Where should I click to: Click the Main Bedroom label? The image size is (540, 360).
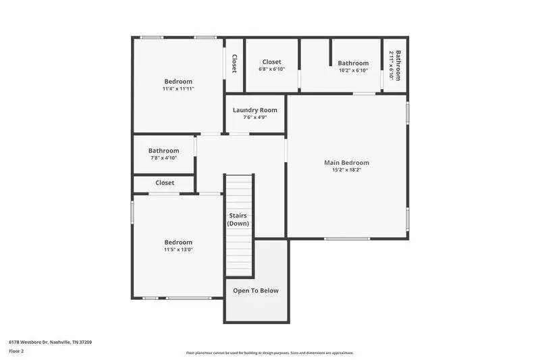[x=346, y=163]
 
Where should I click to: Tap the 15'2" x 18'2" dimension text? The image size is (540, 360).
[x=346, y=170]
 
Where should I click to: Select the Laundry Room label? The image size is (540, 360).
[x=255, y=110]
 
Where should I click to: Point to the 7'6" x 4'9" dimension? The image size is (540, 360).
[x=255, y=118]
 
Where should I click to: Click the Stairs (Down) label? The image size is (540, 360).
[x=237, y=220]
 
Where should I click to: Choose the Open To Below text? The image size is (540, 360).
[x=256, y=290]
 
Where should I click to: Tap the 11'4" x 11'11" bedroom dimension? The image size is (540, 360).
[x=178, y=88]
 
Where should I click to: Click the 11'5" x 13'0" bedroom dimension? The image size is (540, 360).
[x=178, y=249]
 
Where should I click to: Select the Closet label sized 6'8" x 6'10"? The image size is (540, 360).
[x=271, y=62]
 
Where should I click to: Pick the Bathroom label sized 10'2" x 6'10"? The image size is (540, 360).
[x=353, y=63]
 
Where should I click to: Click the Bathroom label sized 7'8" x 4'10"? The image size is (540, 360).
[x=164, y=151]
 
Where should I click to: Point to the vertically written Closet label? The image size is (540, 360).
[x=234, y=64]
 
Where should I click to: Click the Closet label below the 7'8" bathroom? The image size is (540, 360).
[x=165, y=183]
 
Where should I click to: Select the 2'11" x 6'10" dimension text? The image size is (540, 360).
[x=391, y=65]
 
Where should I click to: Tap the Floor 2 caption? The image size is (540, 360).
[x=16, y=351]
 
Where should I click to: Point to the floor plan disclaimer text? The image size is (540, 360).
[x=269, y=353]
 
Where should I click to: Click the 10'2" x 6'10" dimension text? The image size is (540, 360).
[x=353, y=70]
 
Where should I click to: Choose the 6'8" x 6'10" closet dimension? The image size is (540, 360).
[x=271, y=70]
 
